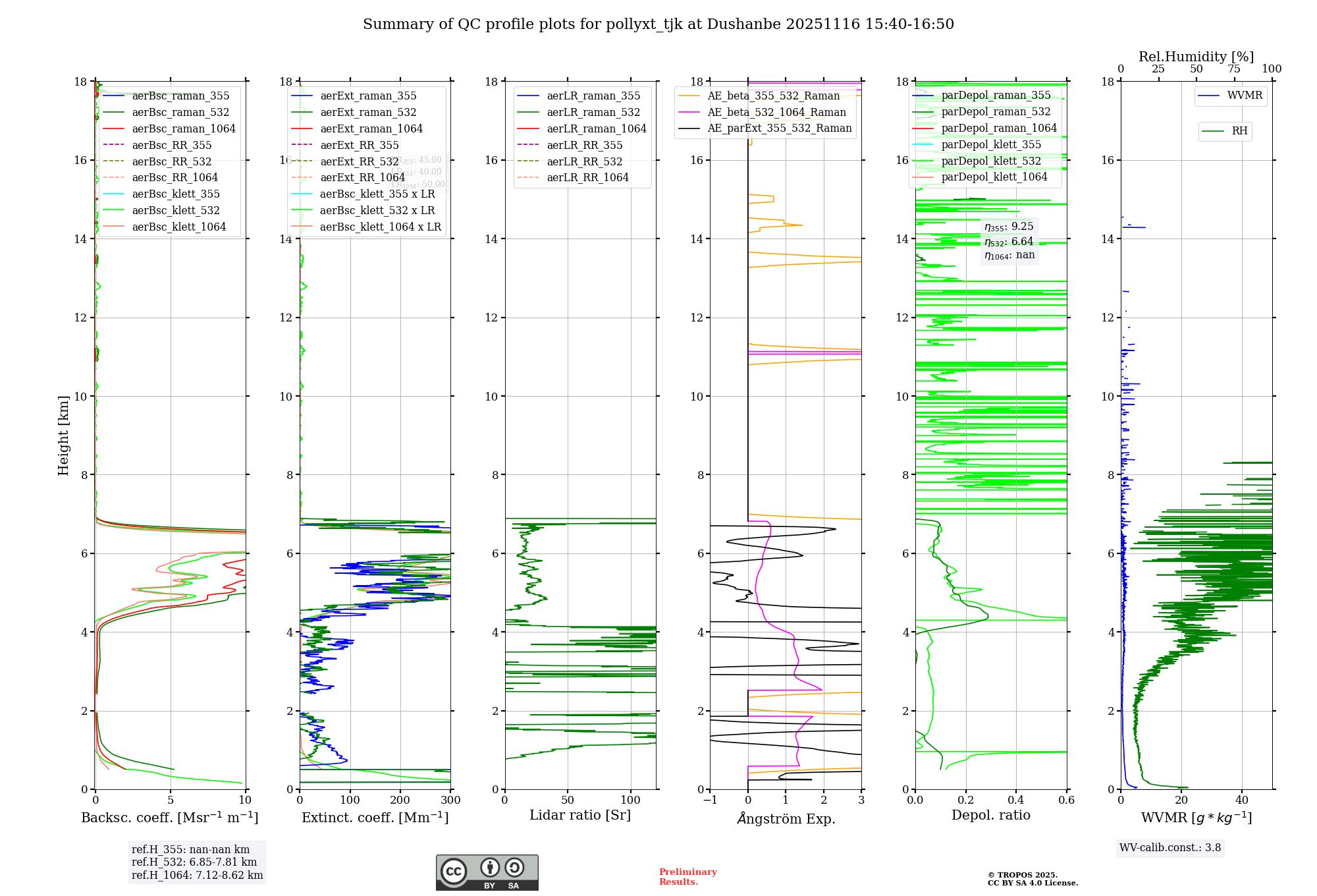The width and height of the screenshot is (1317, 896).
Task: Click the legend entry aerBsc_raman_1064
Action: [x=183, y=128]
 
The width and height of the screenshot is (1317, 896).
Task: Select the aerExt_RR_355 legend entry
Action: [x=359, y=145]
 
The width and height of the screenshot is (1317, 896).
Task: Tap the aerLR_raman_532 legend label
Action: [x=593, y=112]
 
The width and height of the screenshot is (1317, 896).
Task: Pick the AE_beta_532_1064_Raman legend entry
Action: [x=776, y=112]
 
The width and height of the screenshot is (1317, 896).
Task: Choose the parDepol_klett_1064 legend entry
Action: [x=994, y=177]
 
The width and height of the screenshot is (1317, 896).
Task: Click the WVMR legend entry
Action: [x=1245, y=96]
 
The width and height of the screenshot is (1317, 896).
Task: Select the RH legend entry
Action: [x=1239, y=131]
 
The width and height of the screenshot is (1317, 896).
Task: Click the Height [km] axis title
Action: [x=63, y=435]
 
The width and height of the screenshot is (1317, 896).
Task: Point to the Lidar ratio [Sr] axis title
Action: [x=579, y=815]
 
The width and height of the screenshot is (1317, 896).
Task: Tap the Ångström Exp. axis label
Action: [x=786, y=818]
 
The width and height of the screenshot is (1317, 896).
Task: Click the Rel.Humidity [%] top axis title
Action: [x=1196, y=57]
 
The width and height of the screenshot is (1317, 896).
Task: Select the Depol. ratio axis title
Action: [x=990, y=815]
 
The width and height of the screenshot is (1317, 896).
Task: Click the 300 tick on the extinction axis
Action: [x=450, y=800]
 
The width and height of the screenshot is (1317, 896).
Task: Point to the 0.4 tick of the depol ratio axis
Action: [x=1016, y=800]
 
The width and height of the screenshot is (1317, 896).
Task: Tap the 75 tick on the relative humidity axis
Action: [x=1233, y=69]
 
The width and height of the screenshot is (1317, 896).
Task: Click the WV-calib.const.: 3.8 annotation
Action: [x=1169, y=847]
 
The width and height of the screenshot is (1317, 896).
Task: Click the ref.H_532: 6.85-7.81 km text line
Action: [x=194, y=862]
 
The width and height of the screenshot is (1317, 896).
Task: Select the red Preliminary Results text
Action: [x=687, y=876]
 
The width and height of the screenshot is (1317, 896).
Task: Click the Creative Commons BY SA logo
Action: [x=487, y=872]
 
